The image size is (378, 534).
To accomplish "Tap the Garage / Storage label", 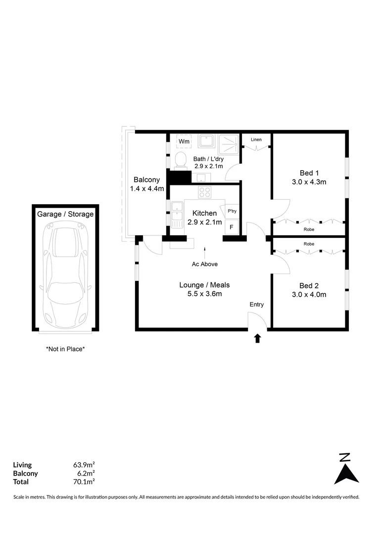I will coord(65,214).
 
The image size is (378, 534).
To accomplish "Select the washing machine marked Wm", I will coord(184,142).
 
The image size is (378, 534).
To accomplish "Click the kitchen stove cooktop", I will coord(204,192).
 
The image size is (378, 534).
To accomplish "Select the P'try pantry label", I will coord(232,211).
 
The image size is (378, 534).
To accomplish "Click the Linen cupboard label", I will coord(256,139).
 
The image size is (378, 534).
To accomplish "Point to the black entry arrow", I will coord(257,338).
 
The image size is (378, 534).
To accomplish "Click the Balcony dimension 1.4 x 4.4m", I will coord(146,188).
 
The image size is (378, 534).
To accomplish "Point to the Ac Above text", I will coord(205,264).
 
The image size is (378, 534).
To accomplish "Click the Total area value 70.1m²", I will coord(84,482).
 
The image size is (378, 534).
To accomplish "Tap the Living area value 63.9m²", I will coord(84,465).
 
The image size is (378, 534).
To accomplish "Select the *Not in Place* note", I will coord(65,349).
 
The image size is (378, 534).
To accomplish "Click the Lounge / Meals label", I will coord(204,285).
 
